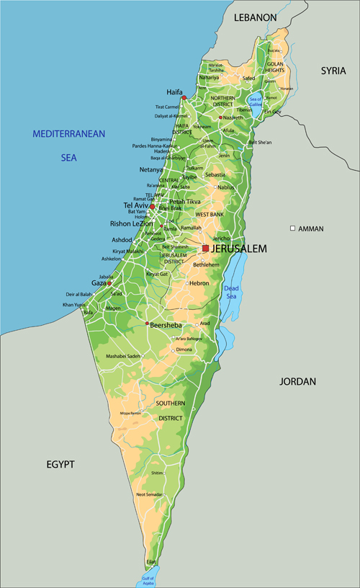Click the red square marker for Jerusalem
pos(205,249)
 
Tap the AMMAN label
pos(311,228)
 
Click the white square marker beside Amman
pos(292,228)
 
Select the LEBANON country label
pos(255,17)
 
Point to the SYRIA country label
pos(333,71)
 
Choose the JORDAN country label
pos(298,381)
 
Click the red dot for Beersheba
pos(148,324)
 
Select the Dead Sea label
pos(231,292)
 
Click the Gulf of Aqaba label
pos(148,581)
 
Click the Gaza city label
pos(99,283)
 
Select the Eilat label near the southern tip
pos(151,561)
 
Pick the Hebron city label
pos(199,283)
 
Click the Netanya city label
pos(151,170)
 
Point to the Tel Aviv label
pos(135,205)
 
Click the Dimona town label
pos(184,349)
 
